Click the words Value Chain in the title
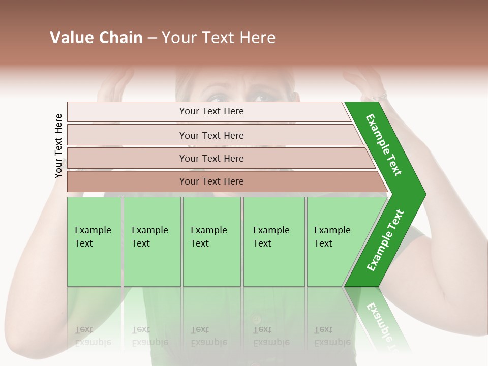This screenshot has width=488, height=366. [x=96, y=38]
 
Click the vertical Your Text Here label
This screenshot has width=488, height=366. [x=58, y=146]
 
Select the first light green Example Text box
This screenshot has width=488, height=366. [x=94, y=241]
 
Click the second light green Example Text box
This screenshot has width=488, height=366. [x=152, y=241]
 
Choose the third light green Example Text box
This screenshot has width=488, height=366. [x=211, y=241]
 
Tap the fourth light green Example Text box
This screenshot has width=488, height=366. [x=274, y=241]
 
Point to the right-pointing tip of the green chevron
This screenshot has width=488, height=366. [x=424, y=195]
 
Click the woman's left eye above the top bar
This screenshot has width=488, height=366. [x=218, y=97]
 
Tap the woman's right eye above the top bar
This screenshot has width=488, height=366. [x=263, y=96]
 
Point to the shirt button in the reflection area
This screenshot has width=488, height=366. [x=257, y=320]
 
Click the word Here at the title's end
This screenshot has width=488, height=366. [x=259, y=38]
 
